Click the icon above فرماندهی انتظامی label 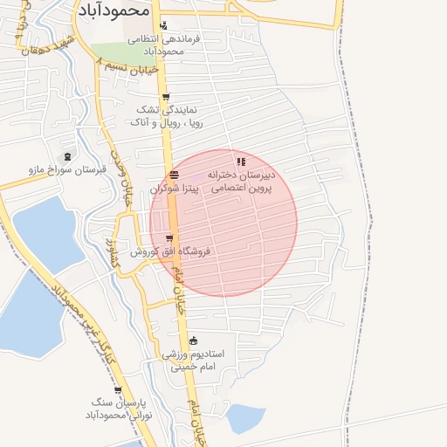point(162,25)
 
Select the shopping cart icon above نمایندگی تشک point(166,97)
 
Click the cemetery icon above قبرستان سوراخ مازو point(68,155)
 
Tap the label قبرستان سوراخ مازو point(59,168)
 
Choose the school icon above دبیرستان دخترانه point(241,162)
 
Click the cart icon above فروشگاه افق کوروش point(168,237)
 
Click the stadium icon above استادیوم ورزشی point(193,340)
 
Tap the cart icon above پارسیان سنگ point(118,389)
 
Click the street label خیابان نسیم point(127,67)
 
